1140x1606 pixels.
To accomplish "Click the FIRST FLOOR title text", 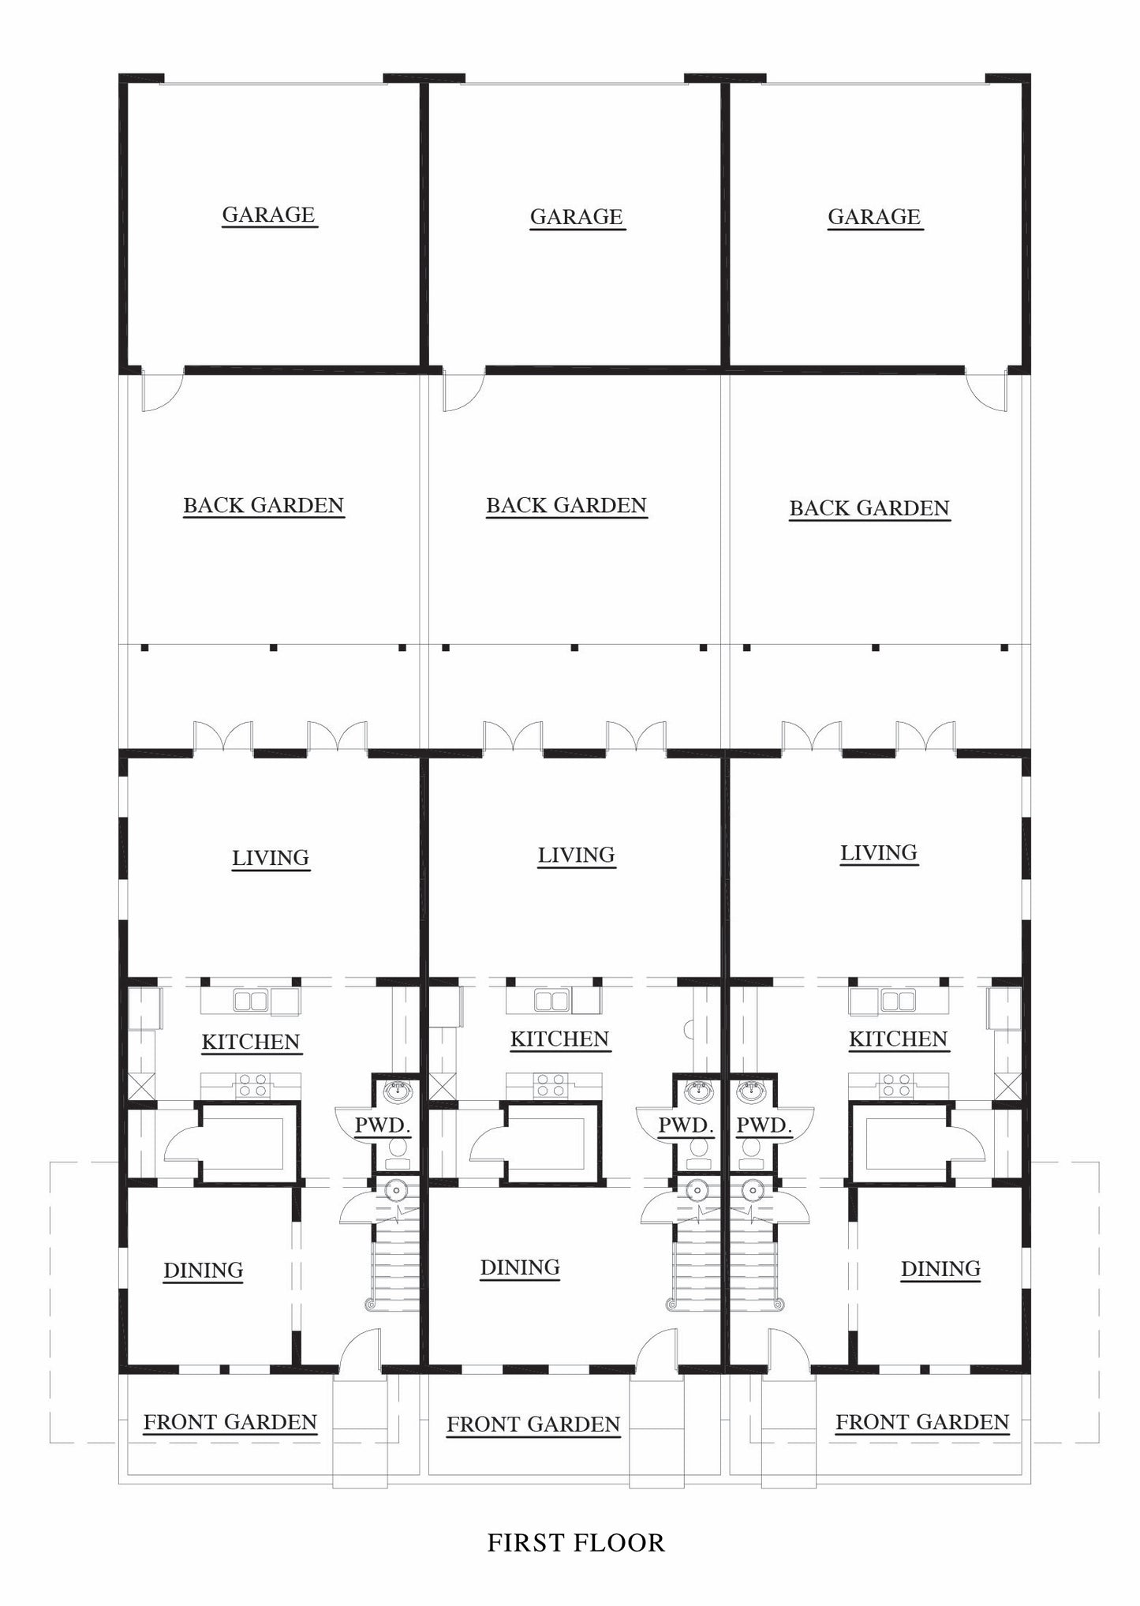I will (x=575, y=1542).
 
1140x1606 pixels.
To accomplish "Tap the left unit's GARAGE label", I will (x=268, y=215).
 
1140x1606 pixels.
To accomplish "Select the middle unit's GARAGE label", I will (x=576, y=217).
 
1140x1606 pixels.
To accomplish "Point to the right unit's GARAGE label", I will (x=874, y=217).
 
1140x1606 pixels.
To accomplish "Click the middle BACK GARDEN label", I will (x=566, y=506).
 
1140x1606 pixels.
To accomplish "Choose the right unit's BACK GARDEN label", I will (x=869, y=508).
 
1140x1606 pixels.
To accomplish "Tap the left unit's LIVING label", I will (x=270, y=858).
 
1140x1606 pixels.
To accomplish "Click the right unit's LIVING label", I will (x=878, y=853).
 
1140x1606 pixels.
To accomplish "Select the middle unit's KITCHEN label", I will (x=559, y=1039).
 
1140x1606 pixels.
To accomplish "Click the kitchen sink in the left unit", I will (x=250, y=1001).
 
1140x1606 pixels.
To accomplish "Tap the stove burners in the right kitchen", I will (x=896, y=1085).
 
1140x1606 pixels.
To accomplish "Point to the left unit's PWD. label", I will (x=383, y=1125).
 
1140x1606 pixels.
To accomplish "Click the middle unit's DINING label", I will (x=520, y=1267).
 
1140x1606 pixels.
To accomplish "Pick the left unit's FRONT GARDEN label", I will (x=230, y=1422).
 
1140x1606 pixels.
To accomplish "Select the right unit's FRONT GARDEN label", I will (x=922, y=1422).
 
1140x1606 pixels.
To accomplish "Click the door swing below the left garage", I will (x=162, y=391).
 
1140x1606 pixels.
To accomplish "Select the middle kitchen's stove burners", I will (x=549, y=1085).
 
